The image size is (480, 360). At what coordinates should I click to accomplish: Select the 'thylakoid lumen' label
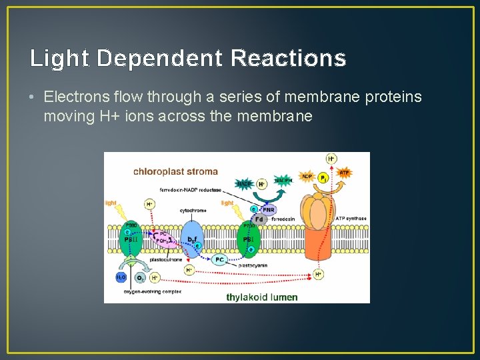tap(261, 297)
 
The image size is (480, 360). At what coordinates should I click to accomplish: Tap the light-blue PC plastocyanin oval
tap(219, 260)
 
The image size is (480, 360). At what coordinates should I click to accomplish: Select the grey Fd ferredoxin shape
tap(260, 218)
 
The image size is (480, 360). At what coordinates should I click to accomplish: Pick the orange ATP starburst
tap(344, 173)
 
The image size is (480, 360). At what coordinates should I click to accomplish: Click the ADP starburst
tap(307, 177)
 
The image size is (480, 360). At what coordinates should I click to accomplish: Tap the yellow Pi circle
tap(323, 179)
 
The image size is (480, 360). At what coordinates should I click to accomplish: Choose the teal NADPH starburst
tap(283, 181)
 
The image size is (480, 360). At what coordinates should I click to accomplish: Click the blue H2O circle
tap(121, 277)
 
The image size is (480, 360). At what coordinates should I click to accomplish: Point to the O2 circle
tap(140, 277)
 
